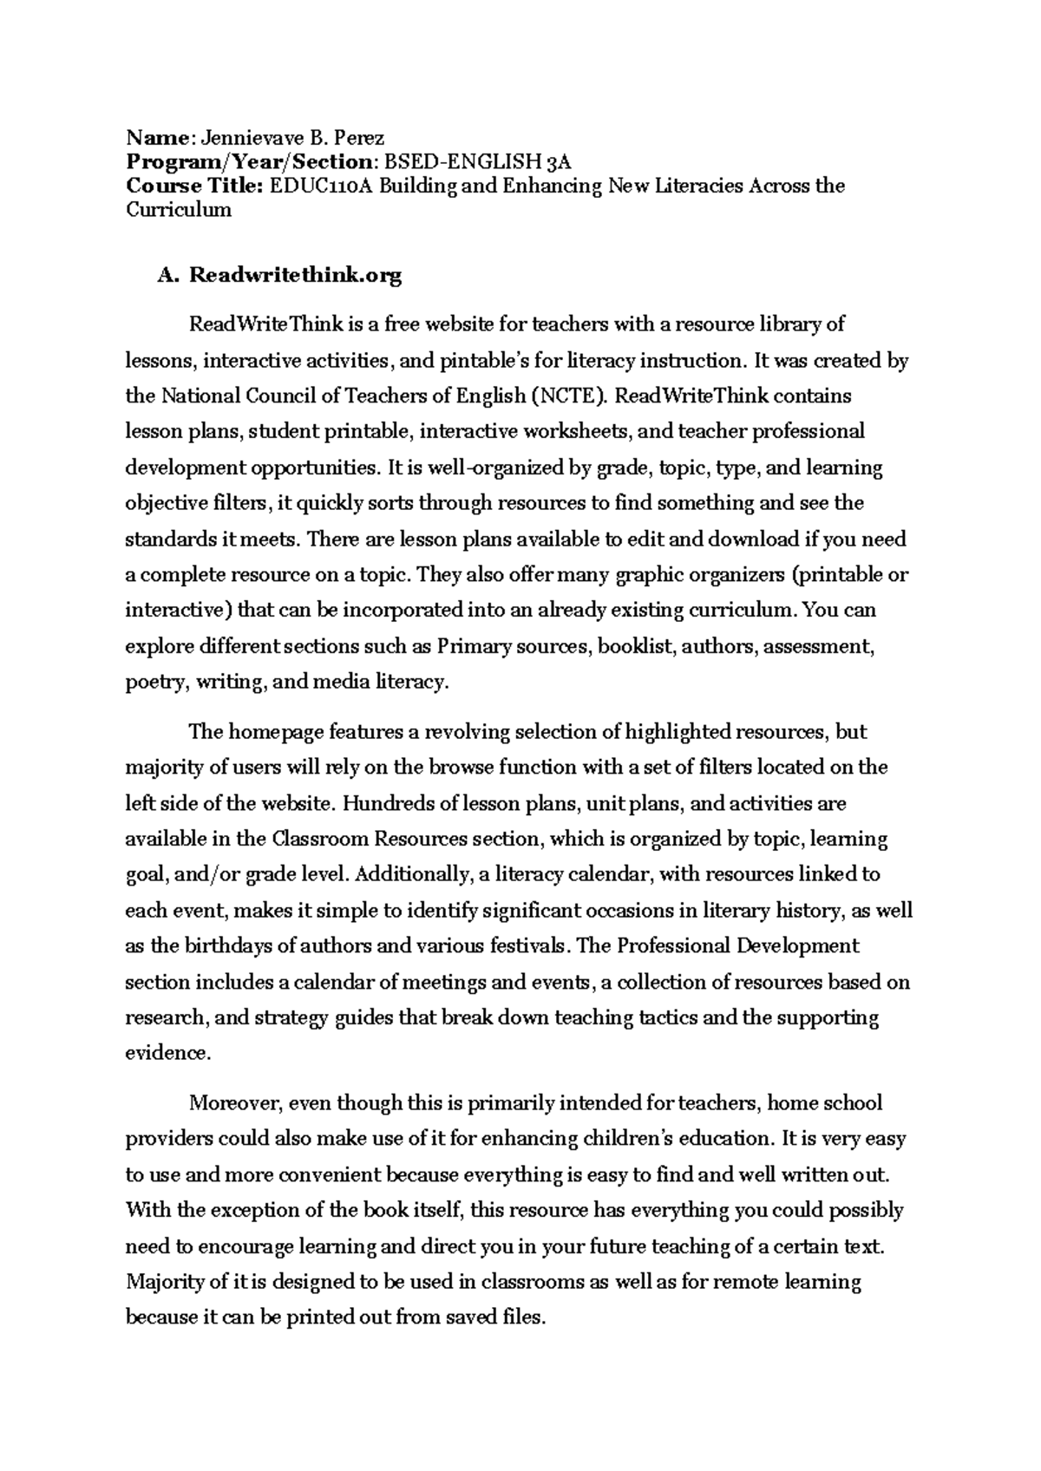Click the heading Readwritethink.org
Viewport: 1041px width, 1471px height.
pyautogui.click(x=296, y=276)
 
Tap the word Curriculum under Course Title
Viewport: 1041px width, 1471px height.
pyautogui.click(x=178, y=210)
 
